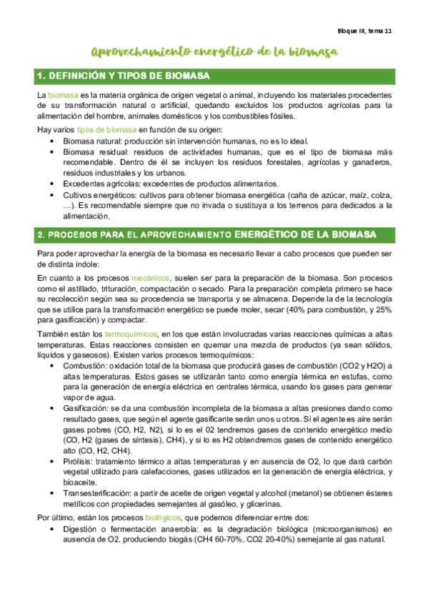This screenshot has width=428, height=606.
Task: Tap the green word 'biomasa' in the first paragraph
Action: coord(63,96)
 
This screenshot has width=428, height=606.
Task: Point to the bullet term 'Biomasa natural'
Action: coord(89,141)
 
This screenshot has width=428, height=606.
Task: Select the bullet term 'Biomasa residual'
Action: coord(91,152)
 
